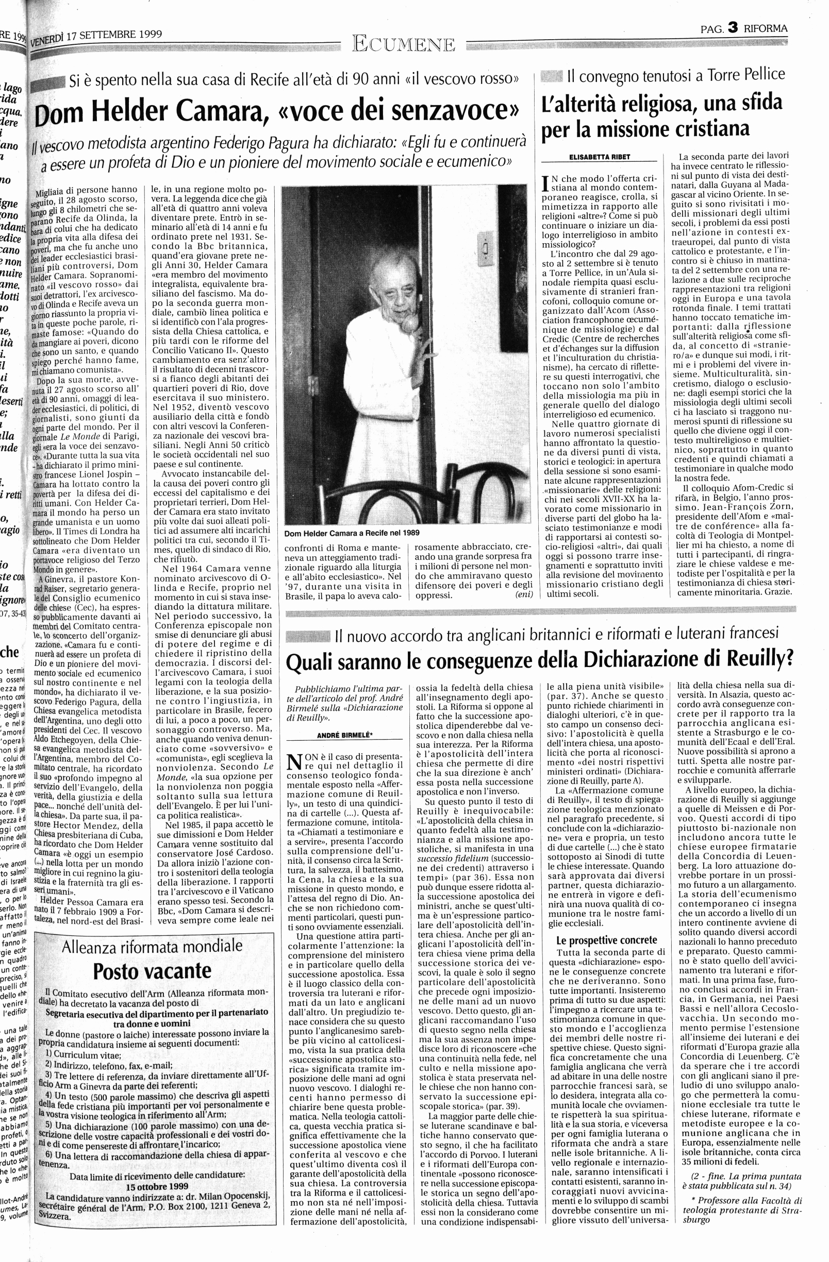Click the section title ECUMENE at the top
404,45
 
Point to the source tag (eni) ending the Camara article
523,595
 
